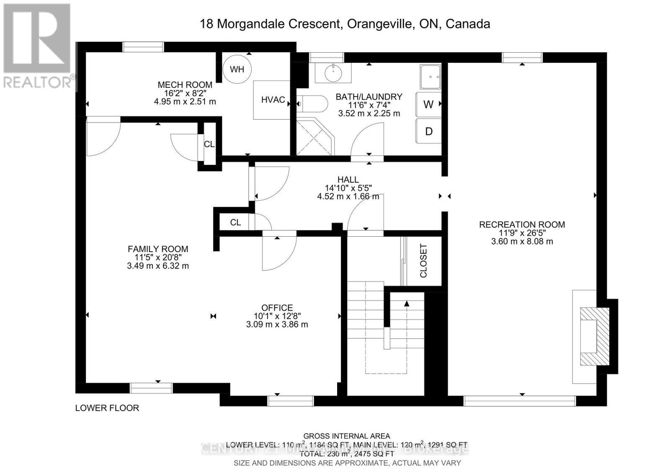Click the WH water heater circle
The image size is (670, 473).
click(x=237, y=69)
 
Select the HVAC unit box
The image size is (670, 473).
click(x=273, y=100)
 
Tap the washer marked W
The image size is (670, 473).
click(x=428, y=105)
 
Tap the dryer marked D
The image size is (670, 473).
click(x=428, y=131)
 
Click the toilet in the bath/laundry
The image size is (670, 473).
click(x=314, y=104)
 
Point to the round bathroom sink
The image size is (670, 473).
click(x=333, y=73)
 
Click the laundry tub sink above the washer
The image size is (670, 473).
click(x=430, y=77)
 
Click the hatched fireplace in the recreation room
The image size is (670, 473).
click(x=594, y=337)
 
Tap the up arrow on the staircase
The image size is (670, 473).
click(x=407, y=304)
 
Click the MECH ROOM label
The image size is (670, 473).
click(x=185, y=85)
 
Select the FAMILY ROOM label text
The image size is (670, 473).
click(x=158, y=249)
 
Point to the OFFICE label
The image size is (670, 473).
click(x=277, y=307)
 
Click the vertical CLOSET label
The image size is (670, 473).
click(x=423, y=261)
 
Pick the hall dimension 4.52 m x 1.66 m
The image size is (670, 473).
click(x=348, y=196)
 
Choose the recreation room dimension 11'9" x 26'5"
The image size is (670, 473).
click(x=522, y=233)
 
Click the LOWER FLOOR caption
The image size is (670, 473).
click(x=107, y=408)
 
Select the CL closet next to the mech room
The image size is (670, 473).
click(x=209, y=144)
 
